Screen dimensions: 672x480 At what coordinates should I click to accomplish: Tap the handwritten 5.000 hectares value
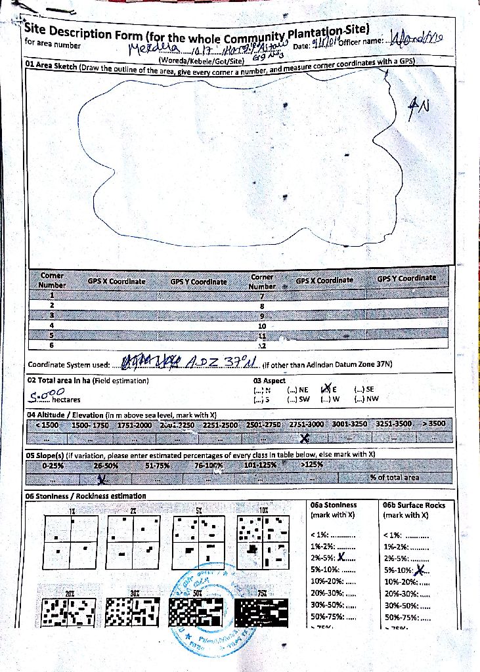[x=43, y=394]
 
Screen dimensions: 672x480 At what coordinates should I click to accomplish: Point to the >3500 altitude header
[x=433, y=424]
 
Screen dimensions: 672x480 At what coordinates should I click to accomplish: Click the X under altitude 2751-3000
[x=304, y=438]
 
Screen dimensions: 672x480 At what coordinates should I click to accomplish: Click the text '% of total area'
[x=394, y=477]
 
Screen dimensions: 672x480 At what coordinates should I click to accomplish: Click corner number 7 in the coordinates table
[x=261, y=297]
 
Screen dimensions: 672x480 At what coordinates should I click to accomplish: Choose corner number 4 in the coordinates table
[x=52, y=325]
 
